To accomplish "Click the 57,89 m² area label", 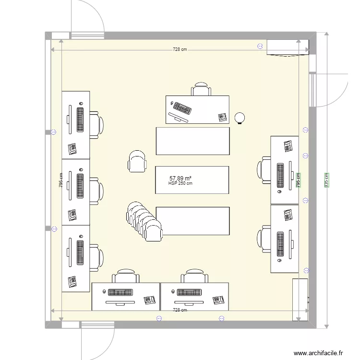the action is (180, 179).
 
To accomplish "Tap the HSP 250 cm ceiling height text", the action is (180, 183).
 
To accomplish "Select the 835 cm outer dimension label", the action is (326, 180).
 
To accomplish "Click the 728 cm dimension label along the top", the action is (180, 49).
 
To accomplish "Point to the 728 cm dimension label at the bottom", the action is (180, 310).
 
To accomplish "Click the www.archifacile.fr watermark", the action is (318, 353).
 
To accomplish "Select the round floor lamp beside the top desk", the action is (240, 118).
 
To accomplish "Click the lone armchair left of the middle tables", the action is (137, 161).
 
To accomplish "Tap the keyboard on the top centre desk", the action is (182, 108).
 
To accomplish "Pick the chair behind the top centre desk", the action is (201, 89).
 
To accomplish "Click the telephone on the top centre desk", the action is (222, 117).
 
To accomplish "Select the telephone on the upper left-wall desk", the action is (72, 149).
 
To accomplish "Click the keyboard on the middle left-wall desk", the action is (80, 186).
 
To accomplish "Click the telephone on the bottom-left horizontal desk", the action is (149, 300).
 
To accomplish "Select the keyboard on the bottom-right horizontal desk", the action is (189, 292).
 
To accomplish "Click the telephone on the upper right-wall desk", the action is (288, 146).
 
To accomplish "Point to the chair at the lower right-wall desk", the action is (264, 239).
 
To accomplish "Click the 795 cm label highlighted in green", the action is (298, 180).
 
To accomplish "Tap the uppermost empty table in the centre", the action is (193, 141).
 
